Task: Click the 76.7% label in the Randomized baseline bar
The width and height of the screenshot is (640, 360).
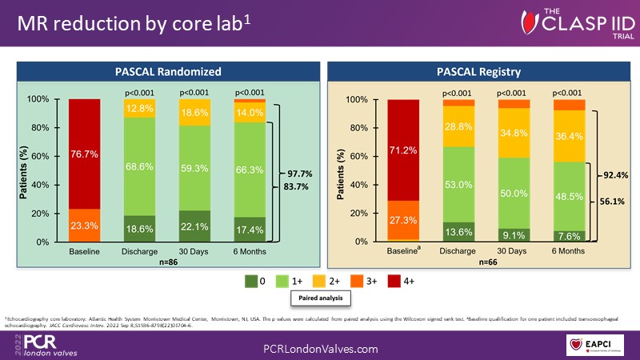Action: point(85,155)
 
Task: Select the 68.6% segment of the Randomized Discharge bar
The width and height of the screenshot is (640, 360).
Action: point(139,166)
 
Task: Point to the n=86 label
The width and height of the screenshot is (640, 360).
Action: point(166,261)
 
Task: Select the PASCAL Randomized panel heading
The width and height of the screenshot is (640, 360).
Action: point(167,71)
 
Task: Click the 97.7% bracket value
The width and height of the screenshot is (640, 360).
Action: point(300,173)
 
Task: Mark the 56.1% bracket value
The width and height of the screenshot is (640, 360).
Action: point(614,203)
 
